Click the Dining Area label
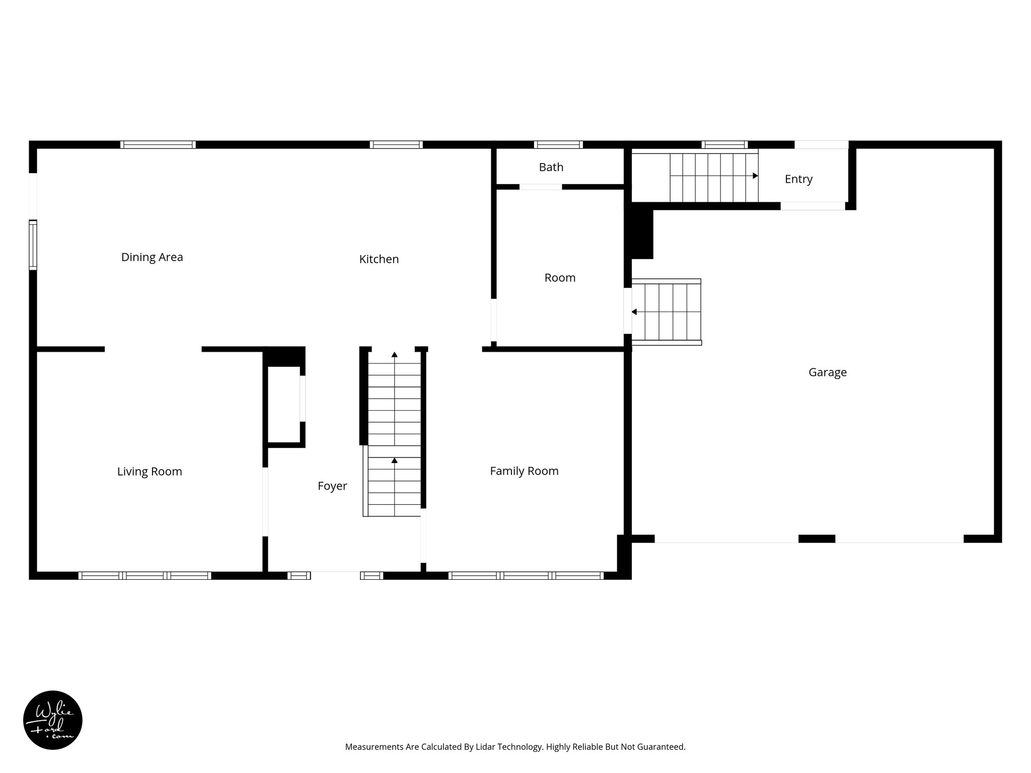pyautogui.click(x=152, y=257)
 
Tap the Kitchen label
pyautogui.click(x=379, y=259)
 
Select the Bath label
pyautogui.click(x=551, y=167)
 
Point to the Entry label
pyautogui.click(x=798, y=179)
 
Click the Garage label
pyautogui.click(x=827, y=372)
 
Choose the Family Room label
pyautogui.click(x=524, y=471)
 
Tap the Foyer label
pyautogui.click(x=332, y=486)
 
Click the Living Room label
pyautogui.click(x=150, y=472)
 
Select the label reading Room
pyautogui.click(x=560, y=278)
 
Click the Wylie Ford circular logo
pyautogui.click(x=53, y=720)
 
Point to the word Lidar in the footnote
pyautogui.click(x=485, y=747)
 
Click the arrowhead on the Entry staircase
pyautogui.click(x=755, y=176)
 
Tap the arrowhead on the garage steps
pyautogui.click(x=634, y=312)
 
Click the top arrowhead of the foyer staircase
pyautogui.click(x=395, y=355)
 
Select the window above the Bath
pyautogui.click(x=558, y=144)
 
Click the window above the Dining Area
pyautogui.click(x=158, y=144)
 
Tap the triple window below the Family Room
pyautogui.click(x=526, y=575)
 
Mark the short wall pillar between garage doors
pyautogui.click(x=817, y=538)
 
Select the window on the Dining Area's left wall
pyautogui.click(x=33, y=245)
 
